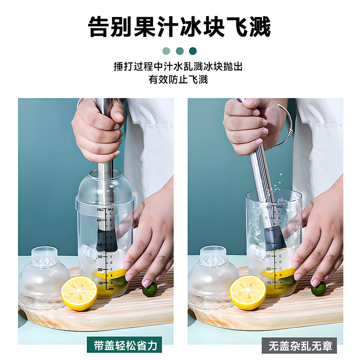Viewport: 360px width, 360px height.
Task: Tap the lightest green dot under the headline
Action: tap(166, 51)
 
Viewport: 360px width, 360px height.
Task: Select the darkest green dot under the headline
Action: tap(193, 51)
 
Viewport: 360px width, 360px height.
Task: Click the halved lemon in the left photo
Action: tap(79, 293)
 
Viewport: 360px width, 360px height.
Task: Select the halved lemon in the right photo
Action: tap(248, 292)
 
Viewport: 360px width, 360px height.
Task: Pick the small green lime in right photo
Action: tap(319, 288)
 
